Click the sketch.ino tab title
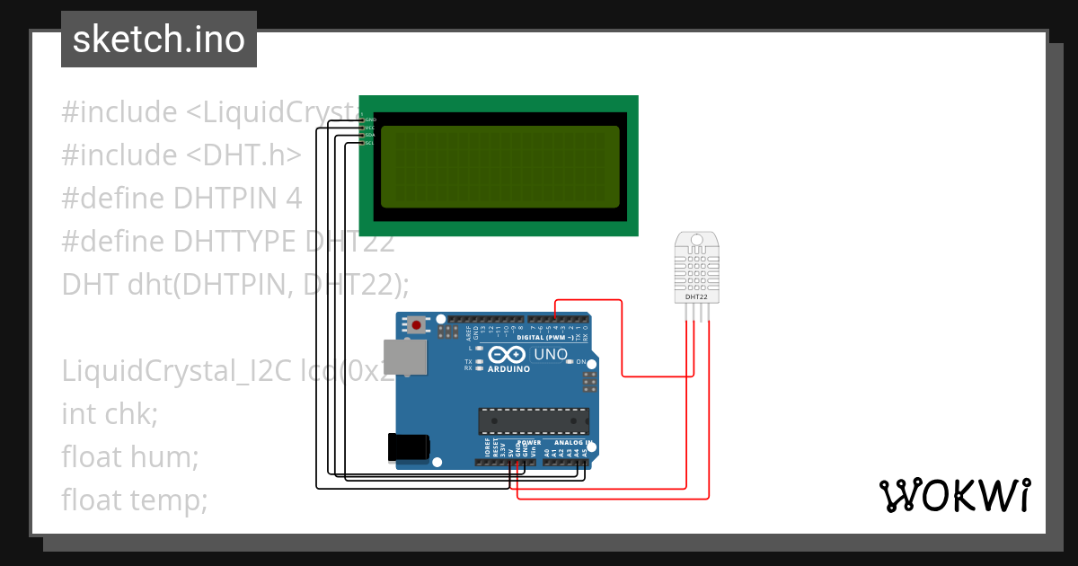(158, 40)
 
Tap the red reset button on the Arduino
(416, 323)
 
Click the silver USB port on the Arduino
(405, 357)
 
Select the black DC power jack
(407, 447)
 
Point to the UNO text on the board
(551, 354)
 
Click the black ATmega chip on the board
(534, 420)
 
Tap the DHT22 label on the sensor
(696, 296)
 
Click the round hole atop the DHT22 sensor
(696, 241)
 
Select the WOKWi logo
(953, 496)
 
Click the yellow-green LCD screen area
(499, 166)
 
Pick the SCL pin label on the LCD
(369, 143)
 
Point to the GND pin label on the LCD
(370, 119)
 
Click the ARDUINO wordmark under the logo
(508, 369)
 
